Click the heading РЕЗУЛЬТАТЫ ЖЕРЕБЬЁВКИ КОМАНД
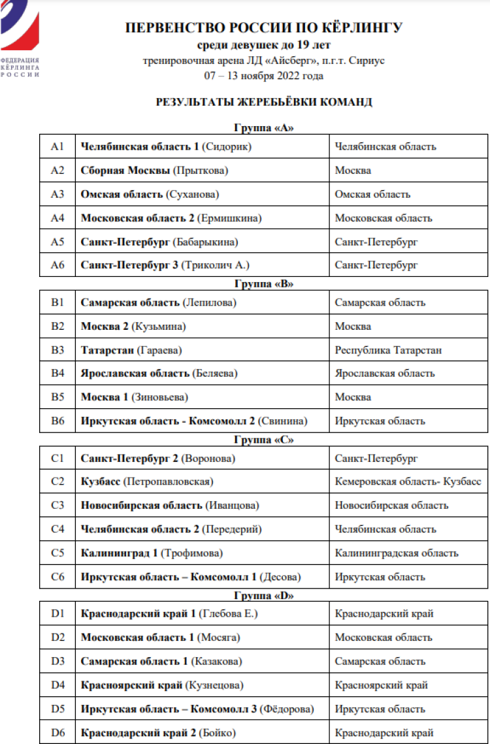(x=264, y=103)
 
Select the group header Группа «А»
(x=263, y=128)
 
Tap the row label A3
(x=57, y=194)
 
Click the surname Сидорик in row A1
(x=229, y=146)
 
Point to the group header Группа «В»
(x=263, y=284)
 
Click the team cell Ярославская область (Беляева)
(x=159, y=374)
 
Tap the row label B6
(x=57, y=421)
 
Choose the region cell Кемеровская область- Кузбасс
(x=408, y=481)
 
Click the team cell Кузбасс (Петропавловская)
(x=147, y=481)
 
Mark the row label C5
(x=57, y=553)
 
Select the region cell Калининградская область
(x=397, y=553)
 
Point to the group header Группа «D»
(x=263, y=596)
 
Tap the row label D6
(x=57, y=733)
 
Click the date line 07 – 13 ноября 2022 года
(x=264, y=76)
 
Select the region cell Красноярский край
(x=381, y=685)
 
